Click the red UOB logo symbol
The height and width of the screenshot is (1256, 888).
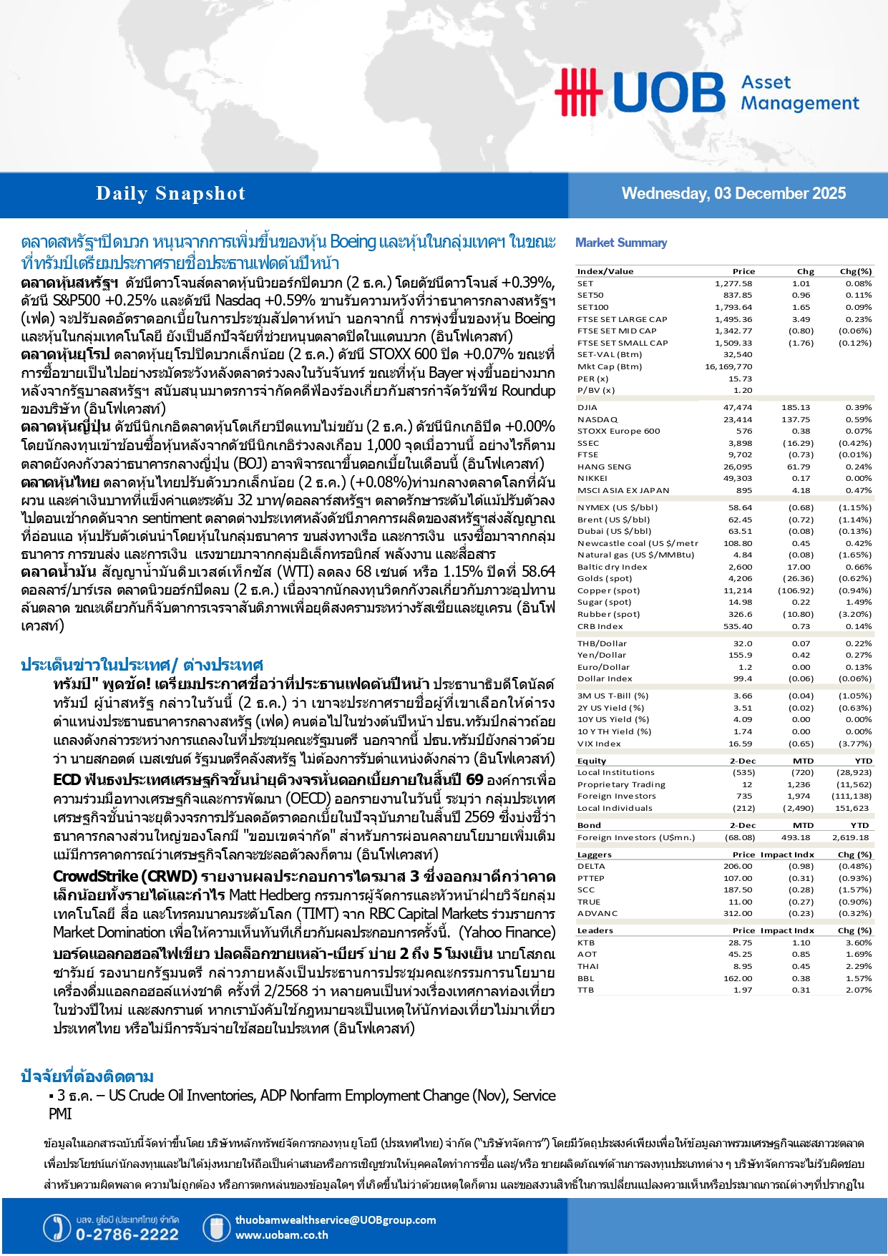(577, 92)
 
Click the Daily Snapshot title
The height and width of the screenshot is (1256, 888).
(170, 194)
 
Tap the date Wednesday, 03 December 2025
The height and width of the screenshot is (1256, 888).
(733, 194)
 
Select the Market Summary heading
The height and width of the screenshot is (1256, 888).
(621, 243)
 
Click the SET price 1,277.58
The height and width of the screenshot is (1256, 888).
(733, 283)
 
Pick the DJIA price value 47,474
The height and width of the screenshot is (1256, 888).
(738, 407)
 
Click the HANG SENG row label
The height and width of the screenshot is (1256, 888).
(604, 467)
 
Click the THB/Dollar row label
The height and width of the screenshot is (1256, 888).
(602, 643)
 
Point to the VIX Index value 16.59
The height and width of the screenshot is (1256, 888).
(741, 744)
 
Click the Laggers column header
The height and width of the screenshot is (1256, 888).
(594, 855)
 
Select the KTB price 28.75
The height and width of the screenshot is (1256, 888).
(740, 943)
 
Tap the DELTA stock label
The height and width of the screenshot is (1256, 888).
(591, 866)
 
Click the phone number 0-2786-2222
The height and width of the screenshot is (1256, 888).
(127, 1235)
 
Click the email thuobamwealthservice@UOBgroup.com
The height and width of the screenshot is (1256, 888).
(335, 1220)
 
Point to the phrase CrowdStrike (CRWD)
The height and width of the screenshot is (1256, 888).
(125, 877)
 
